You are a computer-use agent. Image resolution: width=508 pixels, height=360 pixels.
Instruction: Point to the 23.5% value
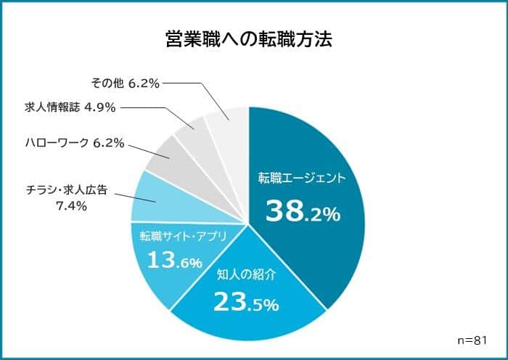(246, 303)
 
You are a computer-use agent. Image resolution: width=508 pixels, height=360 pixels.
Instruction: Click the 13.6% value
(174, 260)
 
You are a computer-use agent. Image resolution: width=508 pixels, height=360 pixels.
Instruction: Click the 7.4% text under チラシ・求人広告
(71, 206)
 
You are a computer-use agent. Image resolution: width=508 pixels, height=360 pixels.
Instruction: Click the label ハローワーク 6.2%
(75, 143)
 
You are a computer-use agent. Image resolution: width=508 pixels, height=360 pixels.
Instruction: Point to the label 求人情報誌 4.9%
(70, 107)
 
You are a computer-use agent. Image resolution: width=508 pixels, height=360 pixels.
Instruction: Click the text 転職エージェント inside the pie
(303, 177)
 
